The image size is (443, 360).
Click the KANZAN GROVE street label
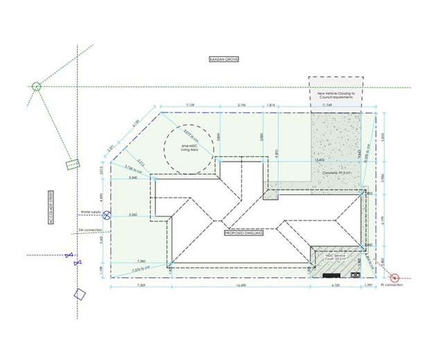pyautogui.click(x=223, y=60)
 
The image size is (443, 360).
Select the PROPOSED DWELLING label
pyautogui.click(x=243, y=233)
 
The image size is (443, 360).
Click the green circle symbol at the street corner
pyautogui.click(x=37, y=87)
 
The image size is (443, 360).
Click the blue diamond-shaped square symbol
pyautogui.click(x=80, y=293)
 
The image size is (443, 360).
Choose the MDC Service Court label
pyautogui.click(x=333, y=258)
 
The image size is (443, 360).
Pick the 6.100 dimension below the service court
pyautogui.click(x=336, y=285)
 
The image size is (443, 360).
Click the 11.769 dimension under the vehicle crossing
pyautogui.click(x=337, y=105)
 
